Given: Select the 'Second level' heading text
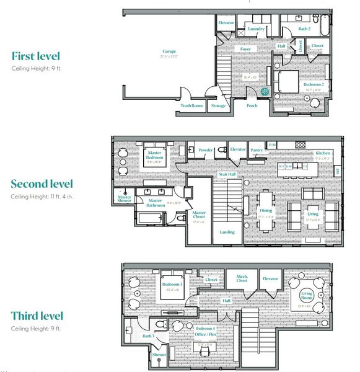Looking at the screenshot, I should tap(50, 184).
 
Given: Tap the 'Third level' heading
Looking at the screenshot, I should tap(45, 316).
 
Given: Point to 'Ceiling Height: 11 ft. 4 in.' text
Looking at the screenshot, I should tap(45, 196).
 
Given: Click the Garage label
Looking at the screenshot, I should tap(170, 51).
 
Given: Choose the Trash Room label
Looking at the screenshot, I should tap(191, 105).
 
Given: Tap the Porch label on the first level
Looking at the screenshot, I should tap(252, 105).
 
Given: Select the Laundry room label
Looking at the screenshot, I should tap(256, 29).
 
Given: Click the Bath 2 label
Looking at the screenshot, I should tap(304, 29).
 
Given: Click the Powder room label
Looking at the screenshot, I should tap(206, 149).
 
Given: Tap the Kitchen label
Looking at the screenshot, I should tap(323, 153).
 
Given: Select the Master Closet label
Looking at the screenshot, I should tap(198, 215).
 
